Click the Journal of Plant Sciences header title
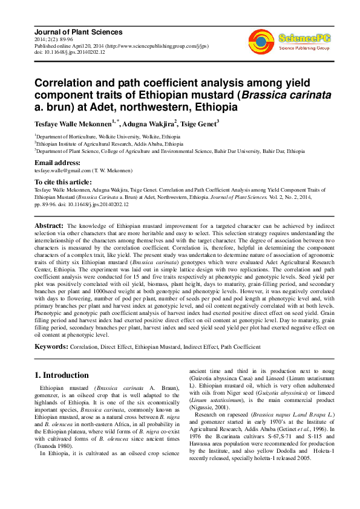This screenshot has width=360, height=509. click(x=78, y=32)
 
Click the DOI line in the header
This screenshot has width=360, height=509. click(x=70, y=53)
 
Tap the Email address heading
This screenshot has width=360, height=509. click(x=57, y=163)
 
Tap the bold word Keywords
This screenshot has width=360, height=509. click(x=51, y=347)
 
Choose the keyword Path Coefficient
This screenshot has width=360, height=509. click(x=241, y=348)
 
